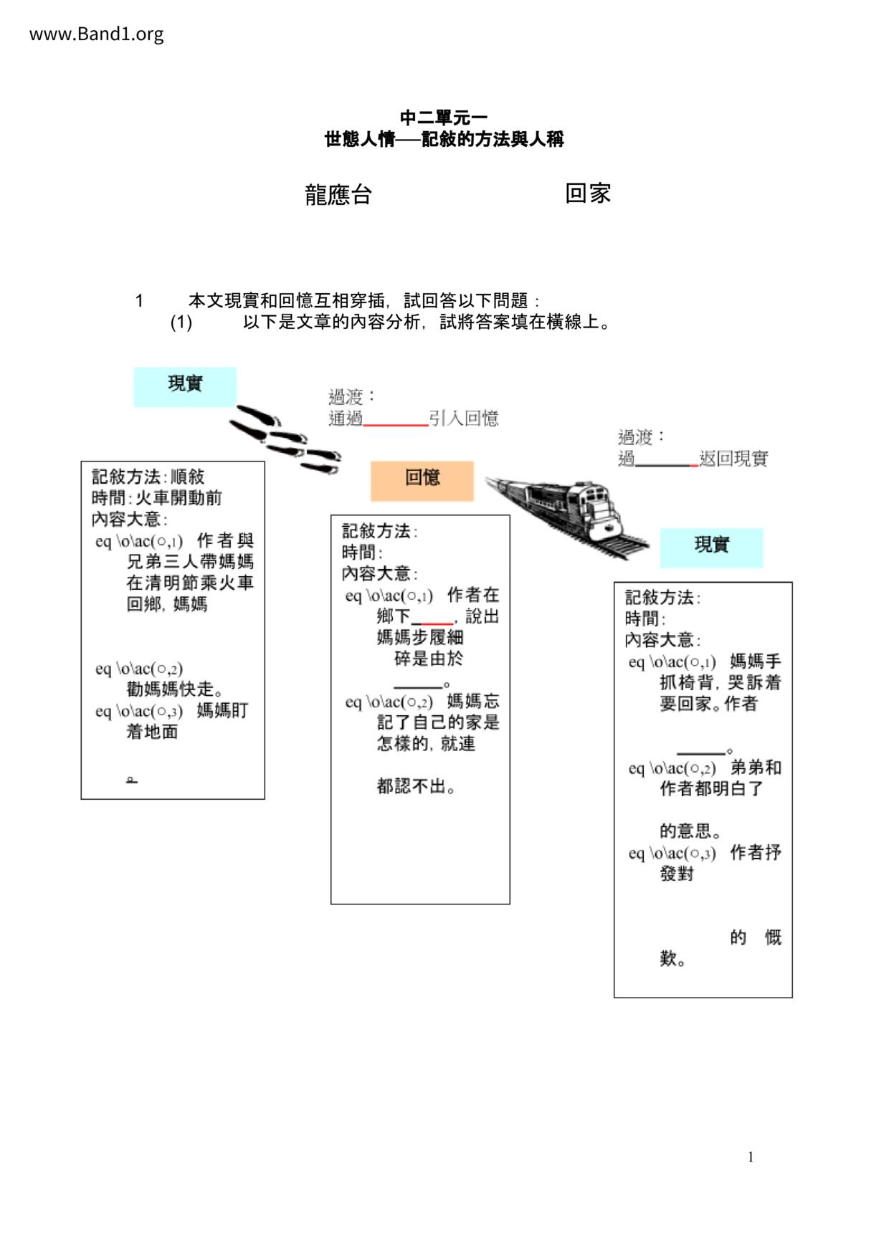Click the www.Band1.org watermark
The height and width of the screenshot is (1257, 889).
point(96,34)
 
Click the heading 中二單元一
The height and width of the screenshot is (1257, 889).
point(444,118)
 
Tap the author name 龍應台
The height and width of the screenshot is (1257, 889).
point(338,194)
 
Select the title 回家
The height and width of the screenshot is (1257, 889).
point(587,193)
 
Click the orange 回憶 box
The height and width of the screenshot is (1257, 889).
point(422,480)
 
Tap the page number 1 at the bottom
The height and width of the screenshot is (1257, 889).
point(751,1157)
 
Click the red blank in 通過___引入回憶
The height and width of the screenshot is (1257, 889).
point(396,424)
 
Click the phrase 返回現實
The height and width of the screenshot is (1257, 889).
point(733,459)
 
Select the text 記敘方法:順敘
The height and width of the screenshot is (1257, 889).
point(148,477)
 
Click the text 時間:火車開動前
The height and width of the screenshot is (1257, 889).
point(156,498)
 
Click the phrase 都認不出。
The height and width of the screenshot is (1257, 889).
point(417,786)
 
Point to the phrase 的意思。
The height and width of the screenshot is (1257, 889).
point(691,831)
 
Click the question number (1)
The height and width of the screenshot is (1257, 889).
point(181,322)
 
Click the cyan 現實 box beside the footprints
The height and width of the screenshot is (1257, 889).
point(185,387)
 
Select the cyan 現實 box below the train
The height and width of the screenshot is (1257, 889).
point(711,548)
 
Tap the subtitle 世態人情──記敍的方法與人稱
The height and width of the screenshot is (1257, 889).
point(444,139)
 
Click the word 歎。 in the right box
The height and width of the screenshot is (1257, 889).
point(673,959)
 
